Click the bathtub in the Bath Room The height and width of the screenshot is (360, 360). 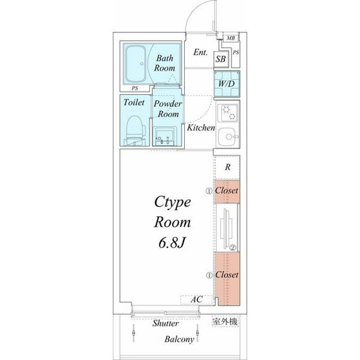136,64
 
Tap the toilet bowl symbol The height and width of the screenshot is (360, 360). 136,130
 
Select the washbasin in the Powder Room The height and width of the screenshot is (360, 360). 165,136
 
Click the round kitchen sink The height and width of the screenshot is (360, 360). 228,137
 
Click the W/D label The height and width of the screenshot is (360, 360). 226,84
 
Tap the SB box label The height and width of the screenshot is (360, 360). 221,59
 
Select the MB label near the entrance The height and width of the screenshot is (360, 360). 231,38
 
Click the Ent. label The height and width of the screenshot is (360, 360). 200,52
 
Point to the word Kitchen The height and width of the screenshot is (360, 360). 201,128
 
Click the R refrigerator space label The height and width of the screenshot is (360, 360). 228,167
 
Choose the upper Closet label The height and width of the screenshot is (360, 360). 226,190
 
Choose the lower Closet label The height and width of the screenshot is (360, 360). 226,274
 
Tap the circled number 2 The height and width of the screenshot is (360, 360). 233,248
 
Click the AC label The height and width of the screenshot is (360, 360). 197,299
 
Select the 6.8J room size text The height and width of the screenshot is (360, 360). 171,243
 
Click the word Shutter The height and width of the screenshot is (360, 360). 165,323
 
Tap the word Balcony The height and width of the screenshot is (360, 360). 179,339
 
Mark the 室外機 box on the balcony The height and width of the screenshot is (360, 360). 225,322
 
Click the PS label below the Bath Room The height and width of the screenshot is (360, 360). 135,88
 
